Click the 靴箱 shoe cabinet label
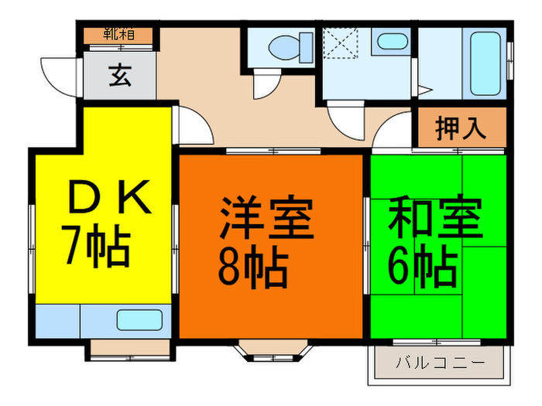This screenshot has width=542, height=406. (119, 35)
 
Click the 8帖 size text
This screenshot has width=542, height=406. (252, 267)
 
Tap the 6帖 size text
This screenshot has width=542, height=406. (422, 266)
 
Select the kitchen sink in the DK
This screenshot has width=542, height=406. (139, 320)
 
